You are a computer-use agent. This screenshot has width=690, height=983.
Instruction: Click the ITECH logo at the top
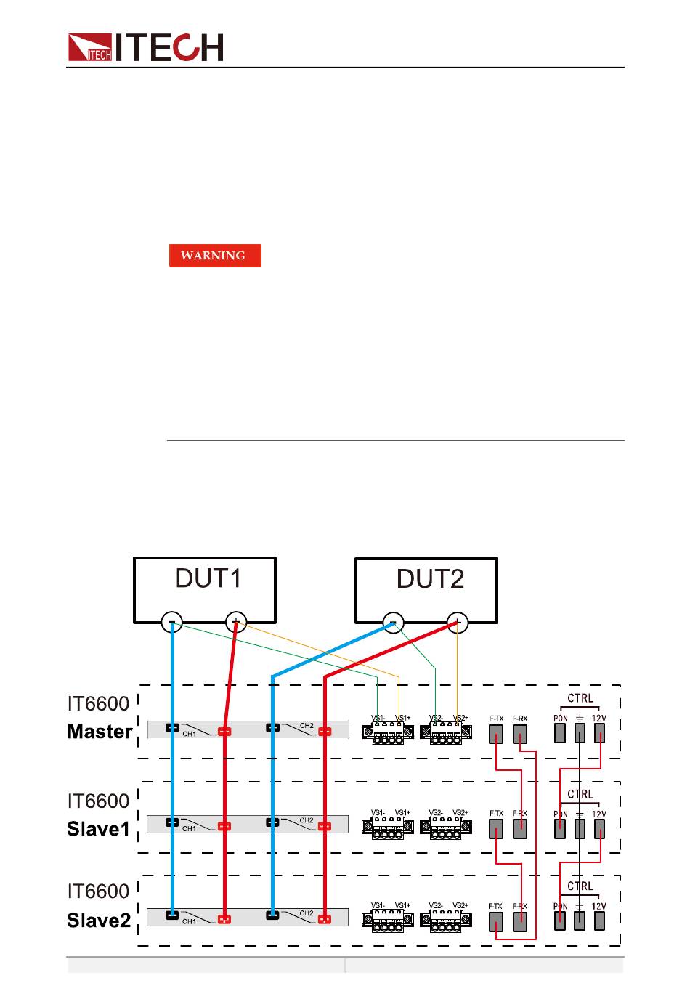145,48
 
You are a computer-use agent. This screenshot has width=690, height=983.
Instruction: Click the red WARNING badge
215,256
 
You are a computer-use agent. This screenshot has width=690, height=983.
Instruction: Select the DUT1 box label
208,579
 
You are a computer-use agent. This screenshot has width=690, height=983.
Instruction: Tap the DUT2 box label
430,579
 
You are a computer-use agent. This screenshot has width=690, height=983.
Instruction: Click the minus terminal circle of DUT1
172,623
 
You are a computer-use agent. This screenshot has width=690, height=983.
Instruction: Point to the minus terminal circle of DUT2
394,623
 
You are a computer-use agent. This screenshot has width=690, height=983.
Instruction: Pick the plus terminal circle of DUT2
458,623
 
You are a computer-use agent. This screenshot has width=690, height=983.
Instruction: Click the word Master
100,732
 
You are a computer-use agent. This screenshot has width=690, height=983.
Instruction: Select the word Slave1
99,829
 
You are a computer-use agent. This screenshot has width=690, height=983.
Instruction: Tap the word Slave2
99,921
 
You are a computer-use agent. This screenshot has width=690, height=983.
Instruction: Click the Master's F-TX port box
496,734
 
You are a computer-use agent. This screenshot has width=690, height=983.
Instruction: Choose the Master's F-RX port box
520,734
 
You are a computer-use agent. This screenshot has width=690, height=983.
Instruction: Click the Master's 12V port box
599,733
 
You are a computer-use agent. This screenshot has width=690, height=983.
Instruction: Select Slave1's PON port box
560,829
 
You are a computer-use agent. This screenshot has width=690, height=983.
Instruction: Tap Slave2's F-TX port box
496,921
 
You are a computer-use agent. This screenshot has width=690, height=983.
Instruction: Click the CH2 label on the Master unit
307,725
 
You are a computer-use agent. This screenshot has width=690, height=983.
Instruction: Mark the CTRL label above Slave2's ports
580,886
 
